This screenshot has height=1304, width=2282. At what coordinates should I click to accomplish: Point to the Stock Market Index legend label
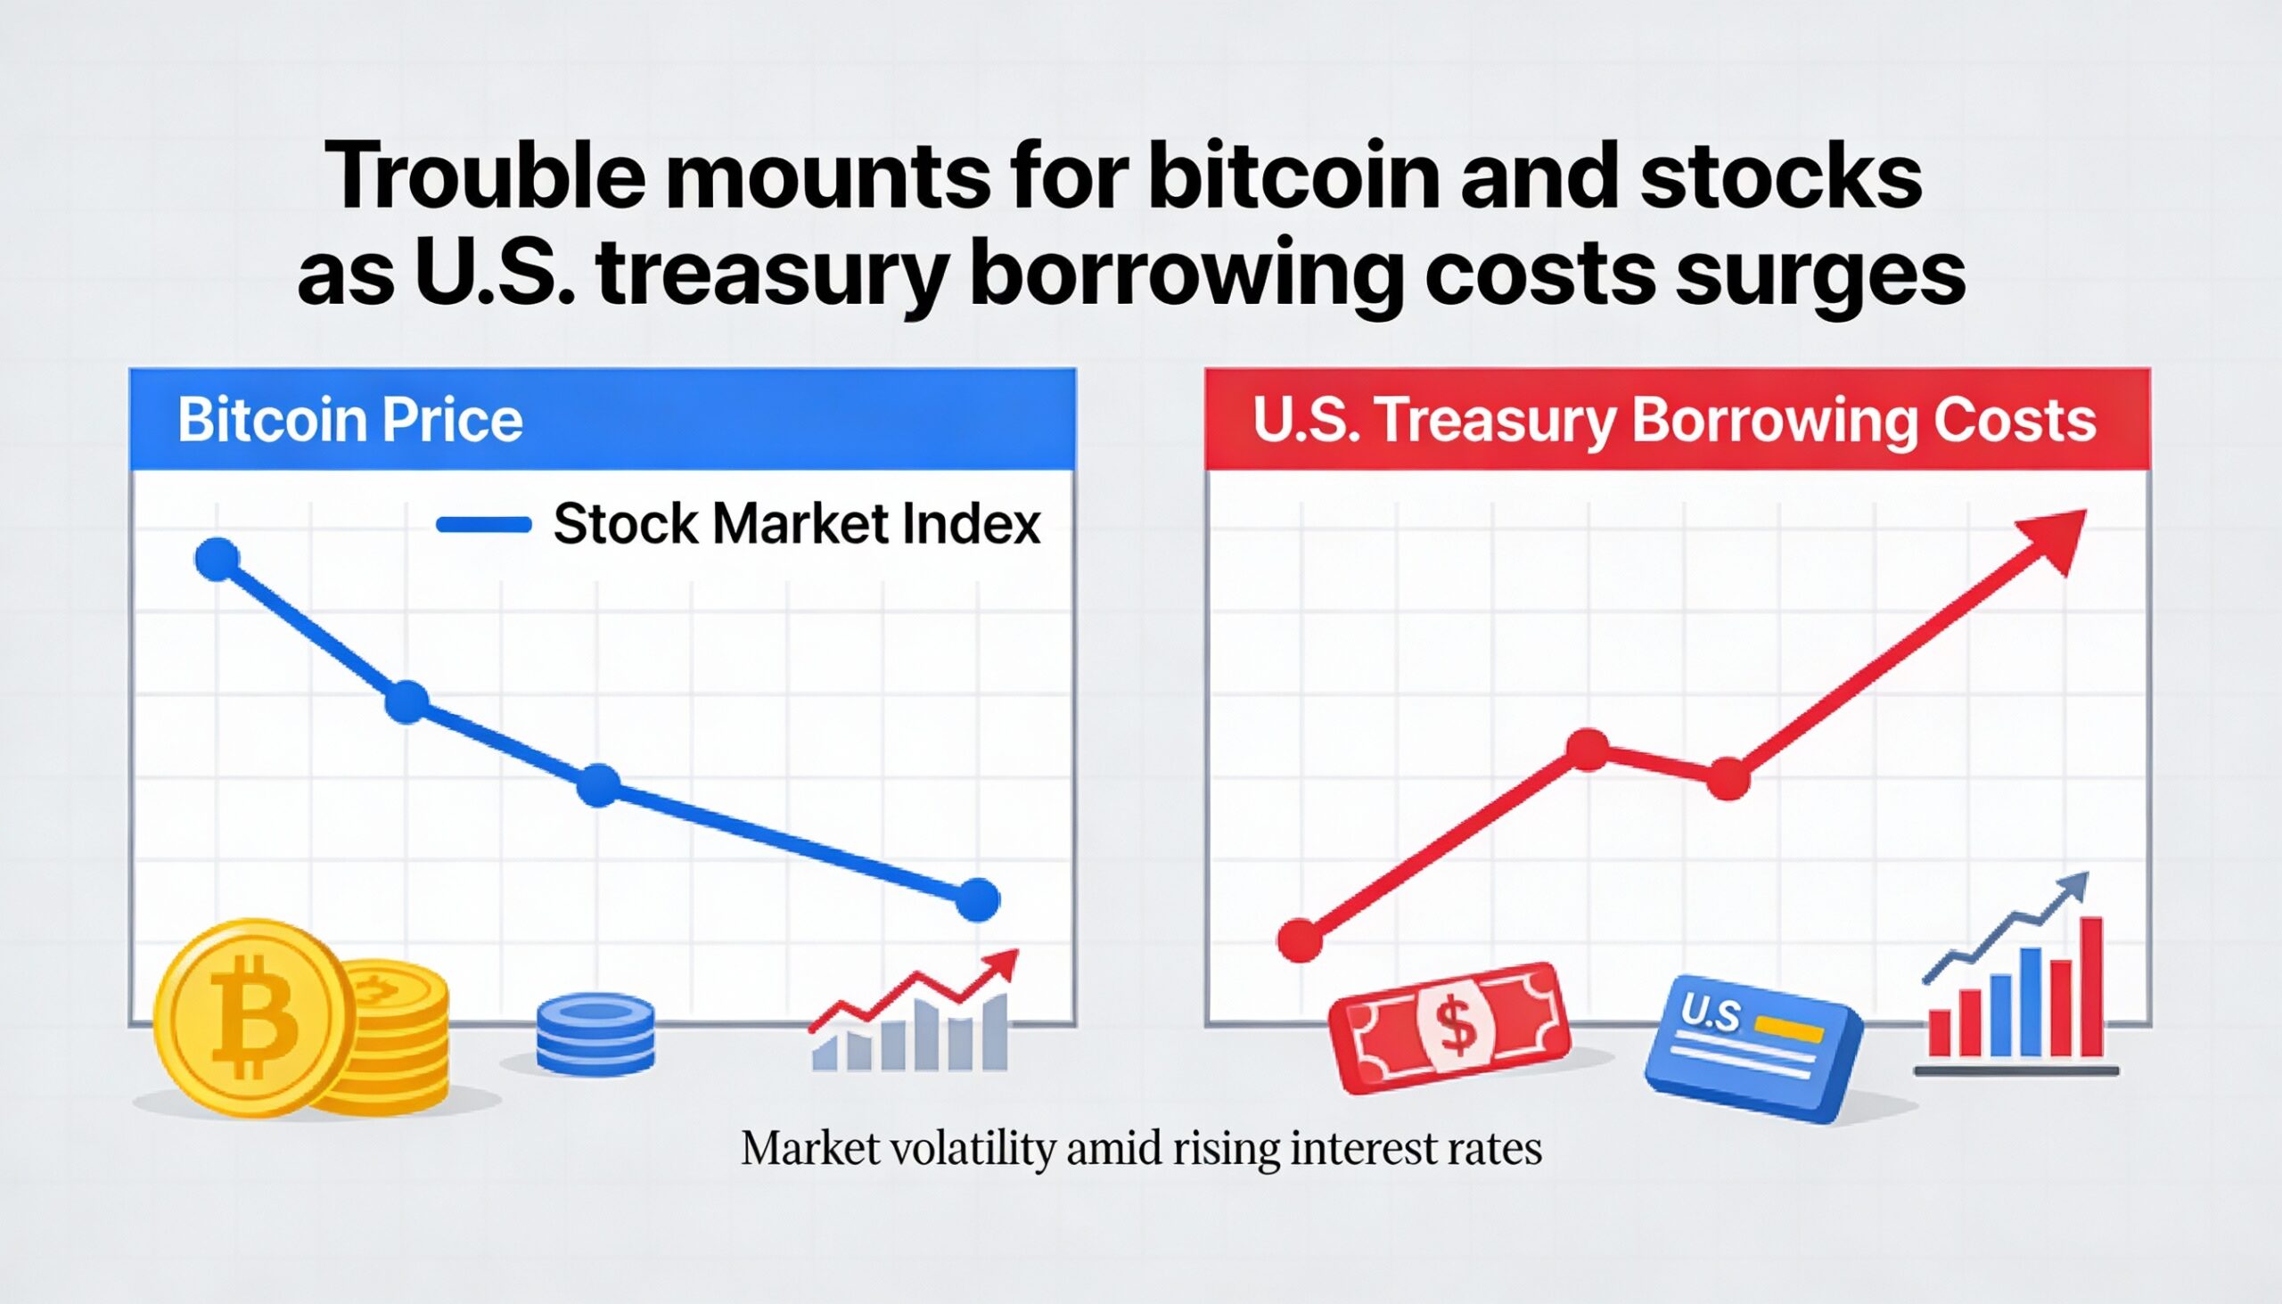(x=796, y=524)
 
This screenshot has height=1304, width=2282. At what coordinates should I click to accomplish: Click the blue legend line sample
(x=484, y=525)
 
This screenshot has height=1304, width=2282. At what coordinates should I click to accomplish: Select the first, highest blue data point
(x=217, y=560)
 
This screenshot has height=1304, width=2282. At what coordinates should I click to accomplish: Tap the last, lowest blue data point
(x=977, y=900)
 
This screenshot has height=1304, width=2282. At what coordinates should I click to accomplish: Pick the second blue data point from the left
(x=406, y=702)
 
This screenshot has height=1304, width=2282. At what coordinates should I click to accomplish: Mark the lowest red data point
(x=1300, y=940)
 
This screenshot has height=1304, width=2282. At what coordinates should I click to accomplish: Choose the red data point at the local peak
(x=1588, y=750)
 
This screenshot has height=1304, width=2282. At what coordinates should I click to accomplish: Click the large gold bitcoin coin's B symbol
(x=254, y=1017)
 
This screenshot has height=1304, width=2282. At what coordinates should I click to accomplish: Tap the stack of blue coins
(x=595, y=1035)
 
